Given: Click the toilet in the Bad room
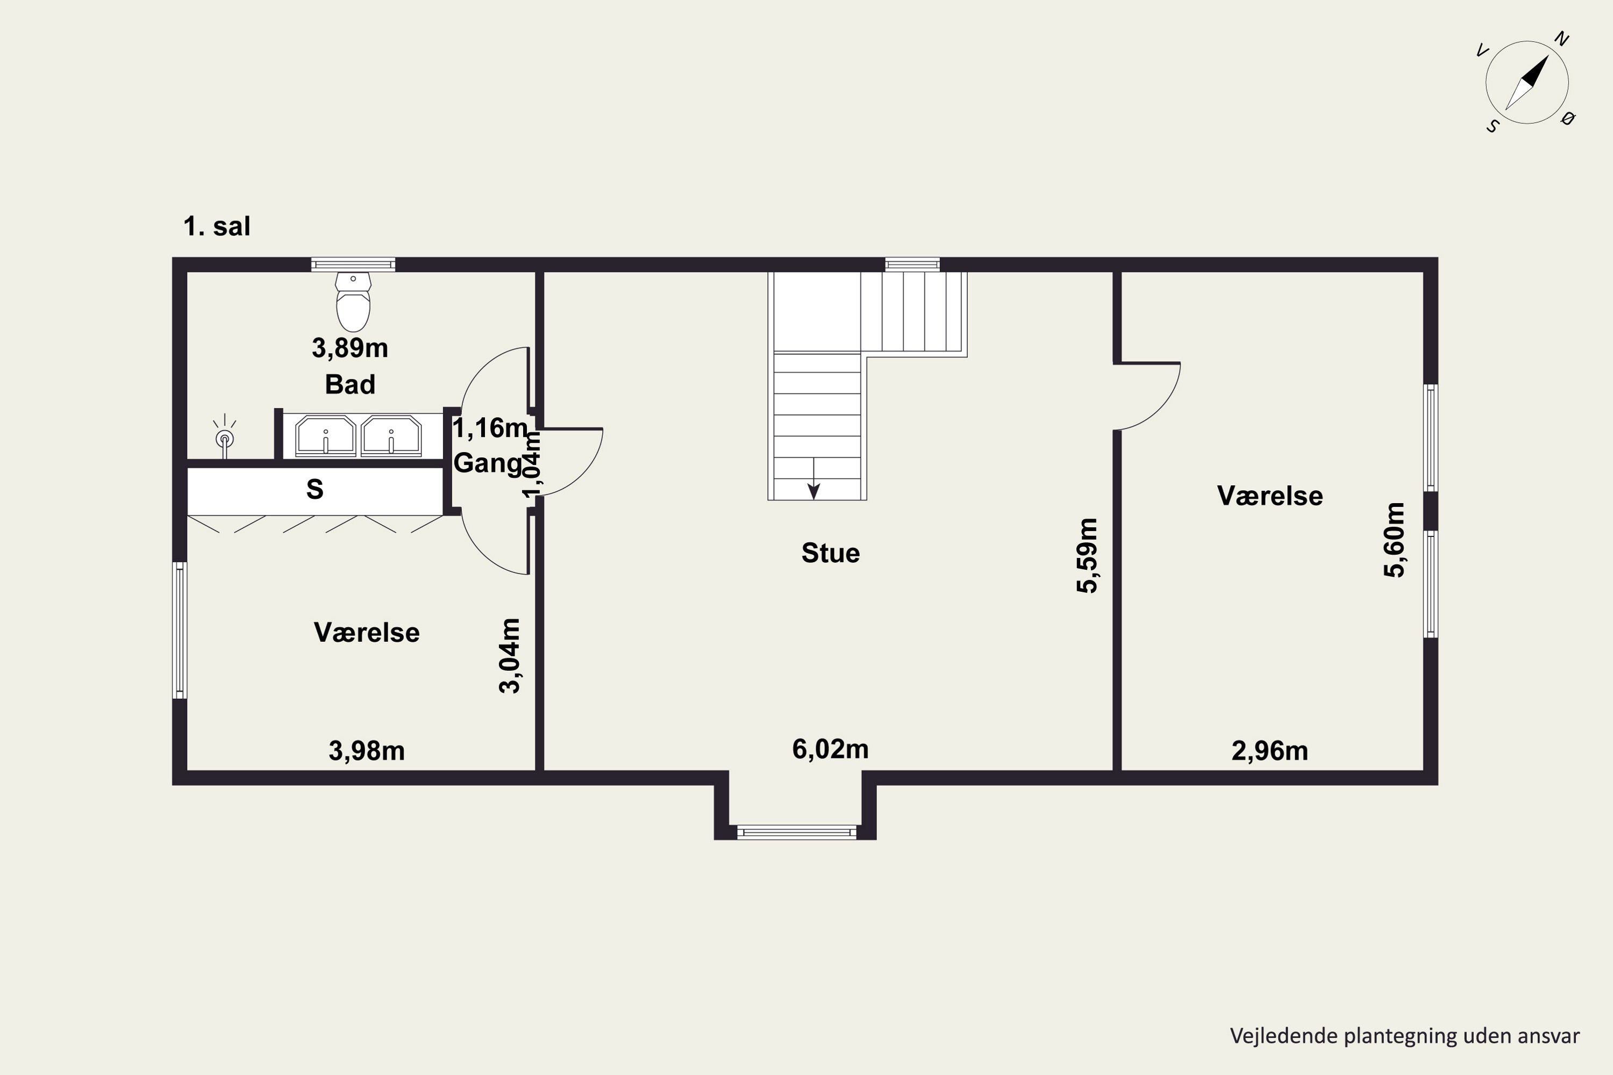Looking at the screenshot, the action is click(353, 302).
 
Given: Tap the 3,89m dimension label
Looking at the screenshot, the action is click(350, 348).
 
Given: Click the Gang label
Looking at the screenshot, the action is click(488, 463).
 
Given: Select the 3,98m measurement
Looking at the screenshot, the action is click(367, 751).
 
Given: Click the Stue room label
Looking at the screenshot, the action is click(831, 553).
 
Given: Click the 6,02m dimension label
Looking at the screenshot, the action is click(831, 749).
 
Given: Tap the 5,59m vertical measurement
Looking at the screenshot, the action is click(1088, 555).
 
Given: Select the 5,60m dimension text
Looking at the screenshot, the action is click(1394, 540).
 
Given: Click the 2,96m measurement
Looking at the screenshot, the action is click(1270, 751).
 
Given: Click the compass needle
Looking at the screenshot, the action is click(1528, 83).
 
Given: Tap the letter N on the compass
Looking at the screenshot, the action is click(1561, 39).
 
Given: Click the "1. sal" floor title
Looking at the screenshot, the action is click(217, 226).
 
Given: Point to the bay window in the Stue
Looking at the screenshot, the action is click(796, 832).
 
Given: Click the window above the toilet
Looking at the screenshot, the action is click(353, 264).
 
